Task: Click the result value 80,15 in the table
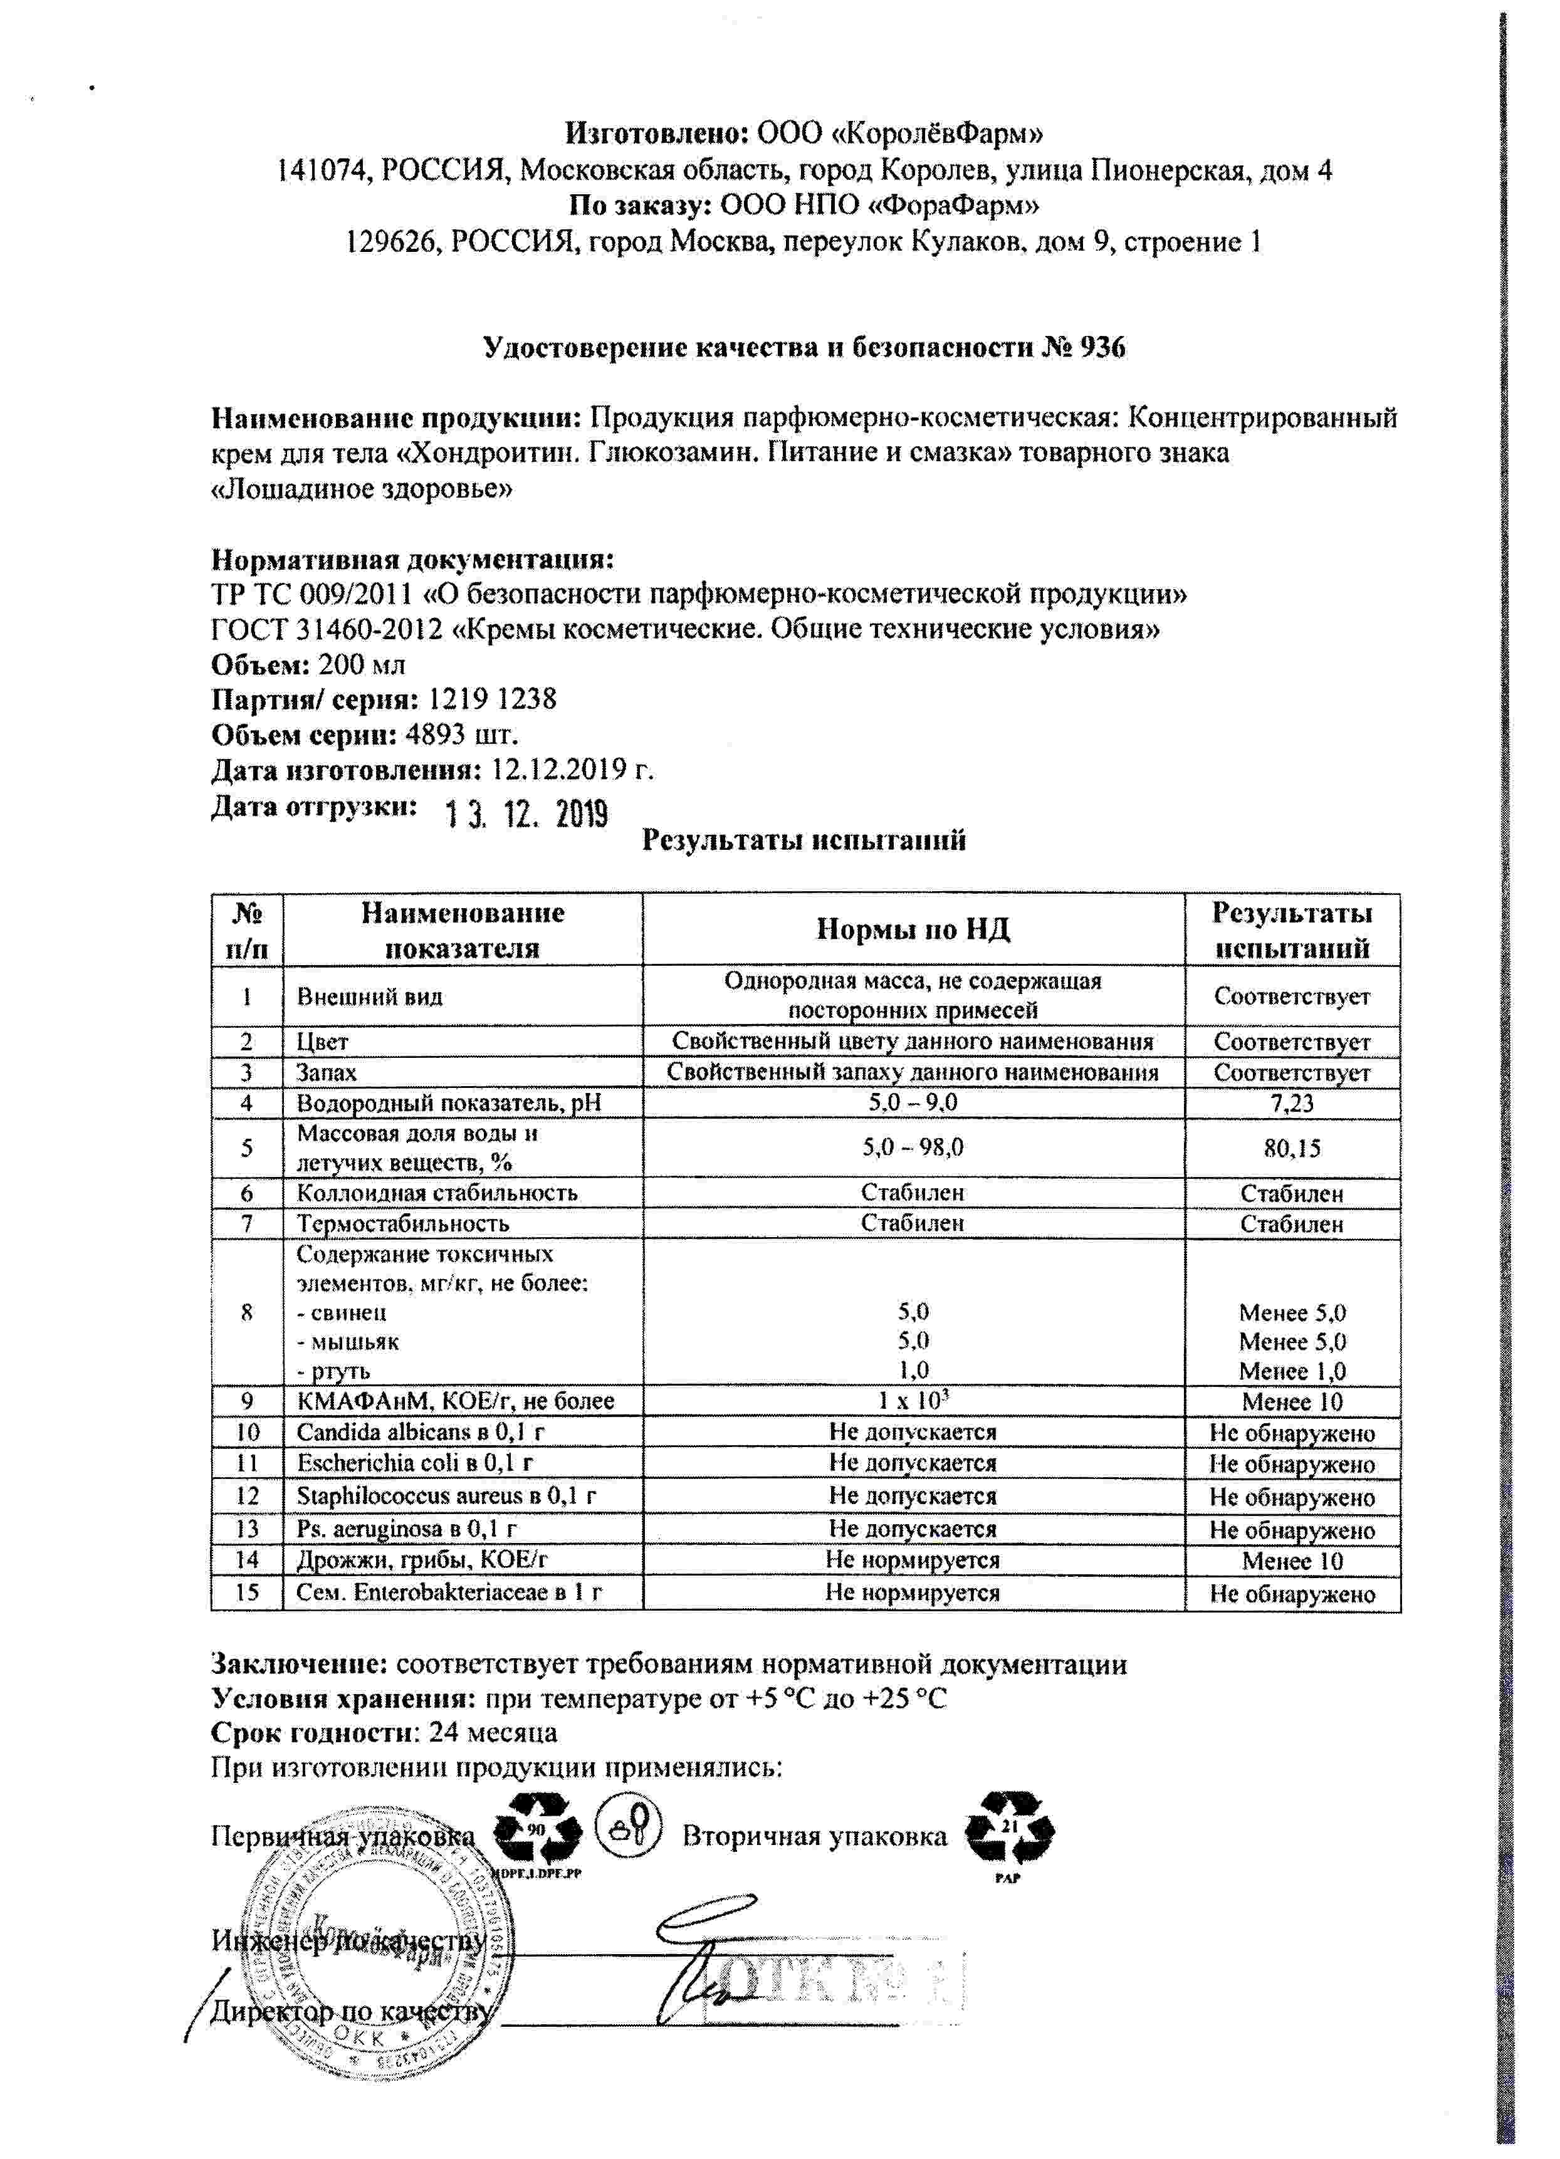coord(1292,1148)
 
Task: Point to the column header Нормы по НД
coord(912,930)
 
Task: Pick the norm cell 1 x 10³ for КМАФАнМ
coord(913,1400)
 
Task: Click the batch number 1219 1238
coord(492,699)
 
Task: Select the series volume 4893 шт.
coord(462,735)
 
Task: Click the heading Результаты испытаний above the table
coord(804,840)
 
